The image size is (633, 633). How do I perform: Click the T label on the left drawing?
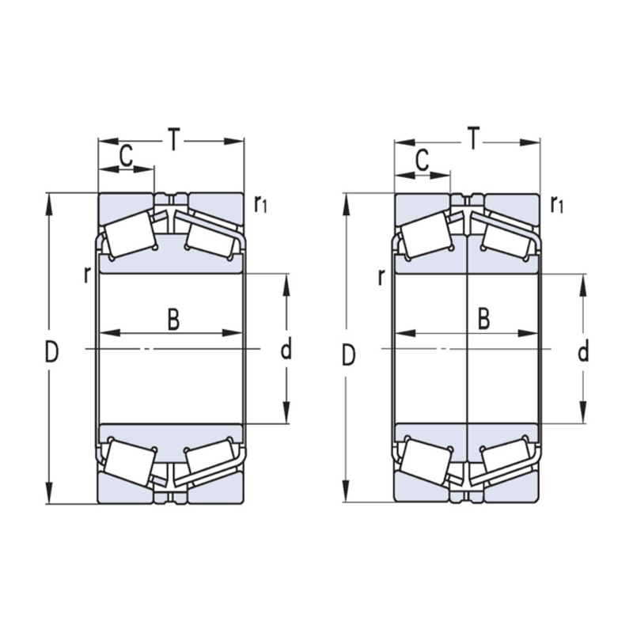[173, 140]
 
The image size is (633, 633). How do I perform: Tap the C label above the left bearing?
[127, 157]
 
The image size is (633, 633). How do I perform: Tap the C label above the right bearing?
[422, 160]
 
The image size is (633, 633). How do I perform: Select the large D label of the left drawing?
[51, 351]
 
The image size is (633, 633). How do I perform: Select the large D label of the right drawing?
[349, 355]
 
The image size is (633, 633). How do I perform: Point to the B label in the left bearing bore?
[173, 319]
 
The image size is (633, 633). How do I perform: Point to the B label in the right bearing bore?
[483, 318]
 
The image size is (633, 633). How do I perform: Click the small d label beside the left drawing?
[286, 349]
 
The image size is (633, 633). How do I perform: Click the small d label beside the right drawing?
[583, 351]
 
